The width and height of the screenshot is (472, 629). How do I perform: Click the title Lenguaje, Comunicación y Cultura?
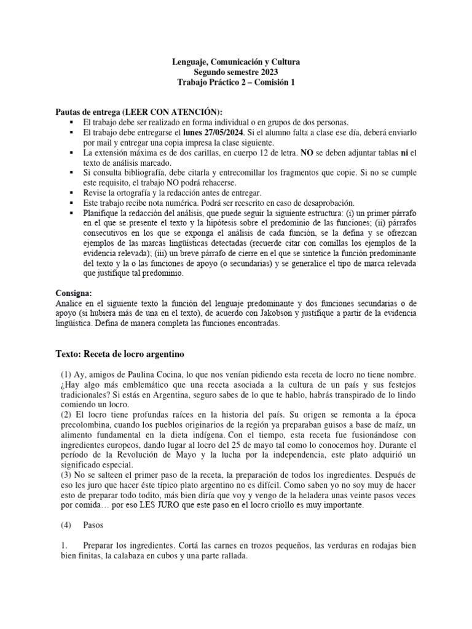point(236,63)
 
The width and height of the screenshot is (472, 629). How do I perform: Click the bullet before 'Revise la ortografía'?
point(73,192)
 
